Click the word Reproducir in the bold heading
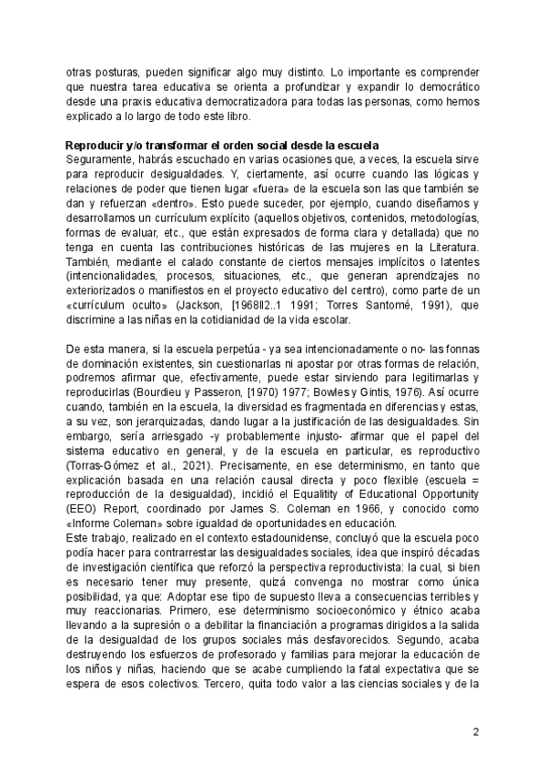[x=94, y=146]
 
